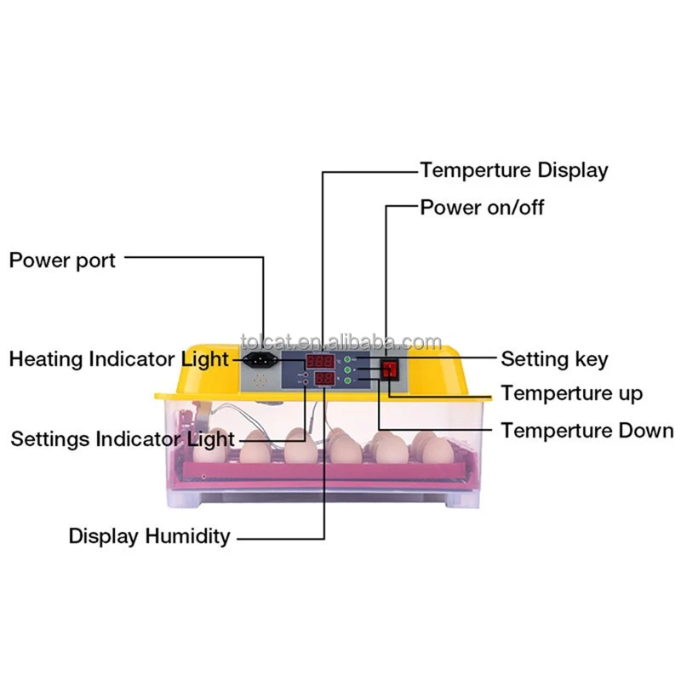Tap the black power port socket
pyautogui.click(x=259, y=361)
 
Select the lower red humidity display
pyautogui.click(x=324, y=380)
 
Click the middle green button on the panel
pyautogui.click(x=348, y=370)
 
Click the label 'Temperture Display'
pyautogui.click(x=514, y=169)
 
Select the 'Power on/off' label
pyautogui.click(x=482, y=207)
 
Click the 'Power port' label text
pyautogui.click(x=62, y=260)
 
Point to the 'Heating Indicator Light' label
pyautogui.click(x=119, y=359)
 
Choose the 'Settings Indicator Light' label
pyautogui.click(x=122, y=439)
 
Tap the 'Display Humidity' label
pyautogui.click(x=149, y=536)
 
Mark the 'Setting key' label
pyautogui.click(x=554, y=359)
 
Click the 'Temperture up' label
pyautogui.click(x=571, y=393)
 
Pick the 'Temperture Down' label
pyautogui.click(x=587, y=430)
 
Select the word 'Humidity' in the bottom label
pyautogui.click(x=187, y=536)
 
